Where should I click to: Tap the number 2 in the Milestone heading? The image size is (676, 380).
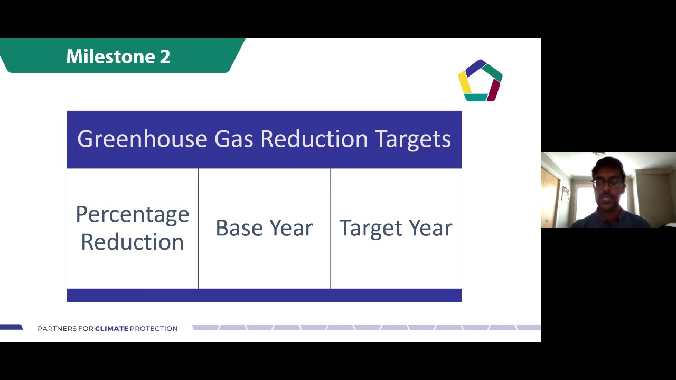[165, 56]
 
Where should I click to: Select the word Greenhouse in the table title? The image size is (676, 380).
[142, 139]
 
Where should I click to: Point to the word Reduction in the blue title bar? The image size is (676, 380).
[314, 139]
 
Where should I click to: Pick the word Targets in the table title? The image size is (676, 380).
[412, 139]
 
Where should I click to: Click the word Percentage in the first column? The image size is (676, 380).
[132, 215]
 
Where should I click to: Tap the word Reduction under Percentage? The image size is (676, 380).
[132, 242]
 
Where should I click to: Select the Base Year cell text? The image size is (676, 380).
[264, 228]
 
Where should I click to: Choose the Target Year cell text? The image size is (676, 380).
[396, 228]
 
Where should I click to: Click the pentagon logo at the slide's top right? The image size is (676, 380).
[480, 81]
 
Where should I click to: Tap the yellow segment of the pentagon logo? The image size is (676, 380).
[464, 82]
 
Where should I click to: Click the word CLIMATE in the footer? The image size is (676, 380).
[111, 328]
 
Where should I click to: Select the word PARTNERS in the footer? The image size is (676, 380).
[57, 328]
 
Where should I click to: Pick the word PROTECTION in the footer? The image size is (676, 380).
[154, 328]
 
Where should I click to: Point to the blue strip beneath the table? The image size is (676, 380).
[264, 296]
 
